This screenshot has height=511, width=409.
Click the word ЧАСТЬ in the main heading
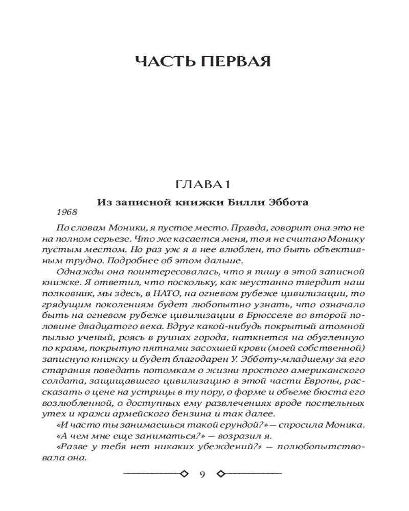[165, 63]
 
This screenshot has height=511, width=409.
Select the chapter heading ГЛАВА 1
[204, 184]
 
